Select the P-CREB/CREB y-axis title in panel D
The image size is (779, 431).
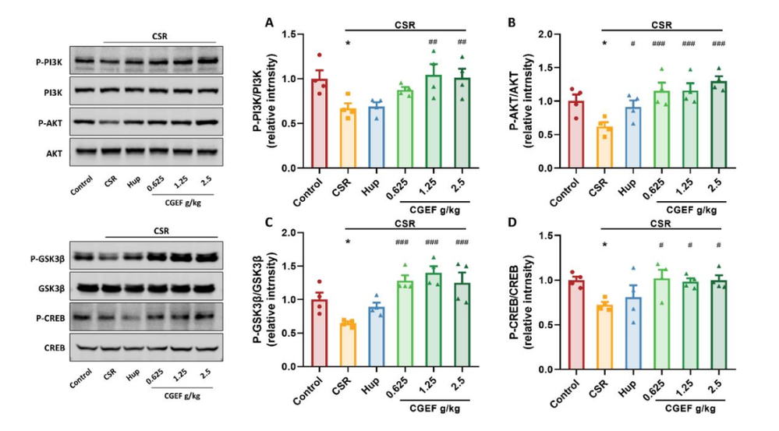[532, 300]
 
